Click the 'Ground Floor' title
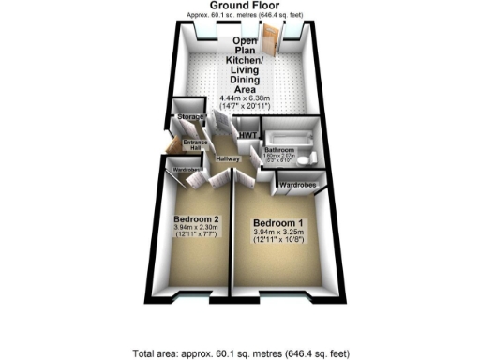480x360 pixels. [242, 6]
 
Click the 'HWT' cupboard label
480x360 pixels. [247, 137]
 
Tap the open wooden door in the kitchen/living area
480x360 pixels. [272, 41]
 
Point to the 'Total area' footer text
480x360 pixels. [242, 353]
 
